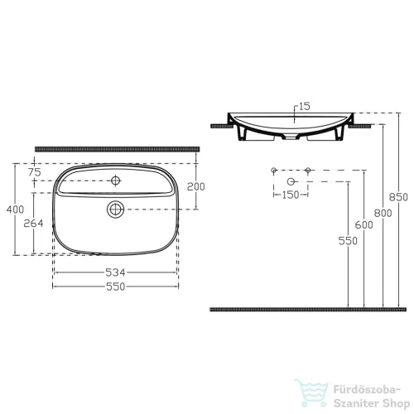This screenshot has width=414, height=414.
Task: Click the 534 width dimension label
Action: click(115, 272)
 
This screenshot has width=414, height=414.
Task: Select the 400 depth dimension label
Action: click(15, 209)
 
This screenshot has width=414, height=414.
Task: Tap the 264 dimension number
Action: click(33, 224)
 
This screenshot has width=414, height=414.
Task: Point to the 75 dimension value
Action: click(35, 172)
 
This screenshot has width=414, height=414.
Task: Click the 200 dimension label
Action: click(196, 187)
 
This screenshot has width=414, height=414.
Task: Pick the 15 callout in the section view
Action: click(305, 106)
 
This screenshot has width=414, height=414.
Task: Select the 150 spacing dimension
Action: click(291, 195)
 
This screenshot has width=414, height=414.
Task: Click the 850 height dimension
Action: click(398, 197)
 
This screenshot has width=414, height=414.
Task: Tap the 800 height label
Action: click(383, 213)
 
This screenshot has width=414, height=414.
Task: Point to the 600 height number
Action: click(363, 225)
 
